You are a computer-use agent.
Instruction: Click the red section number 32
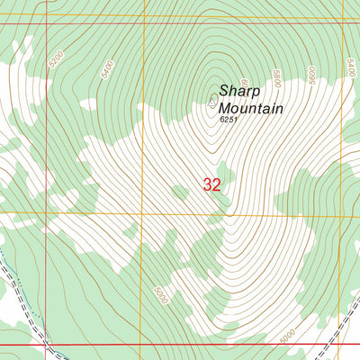(212, 185)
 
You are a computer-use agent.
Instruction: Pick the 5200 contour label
(58, 60)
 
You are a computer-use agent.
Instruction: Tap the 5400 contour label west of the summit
(109, 69)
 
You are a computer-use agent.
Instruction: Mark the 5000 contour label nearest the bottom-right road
(286, 336)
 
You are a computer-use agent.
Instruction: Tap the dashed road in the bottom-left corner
(26, 306)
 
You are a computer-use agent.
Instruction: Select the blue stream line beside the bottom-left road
(11, 270)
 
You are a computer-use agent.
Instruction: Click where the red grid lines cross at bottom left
(45, 345)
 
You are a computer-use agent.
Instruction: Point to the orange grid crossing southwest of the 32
(144, 214)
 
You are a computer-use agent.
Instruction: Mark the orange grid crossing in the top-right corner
(346, 15)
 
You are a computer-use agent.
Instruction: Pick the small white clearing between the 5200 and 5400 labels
(87, 104)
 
